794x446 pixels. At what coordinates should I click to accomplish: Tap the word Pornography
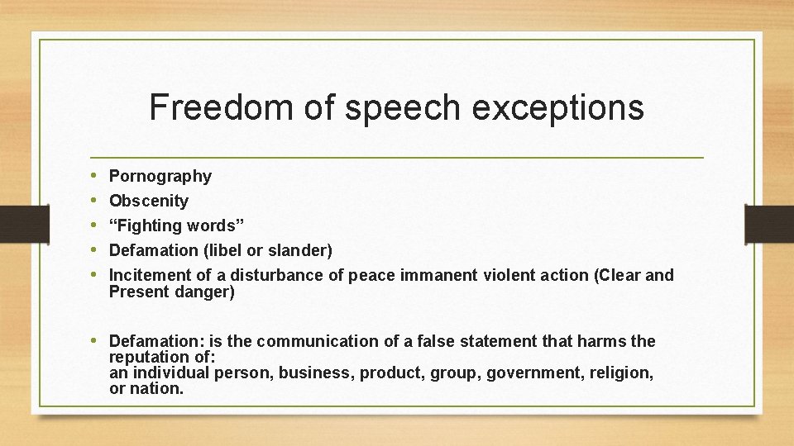(x=160, y=176)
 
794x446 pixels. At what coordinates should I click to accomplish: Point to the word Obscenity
(x=149, y=201)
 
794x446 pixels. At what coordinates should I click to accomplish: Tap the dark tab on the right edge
(x=769, y=224)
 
